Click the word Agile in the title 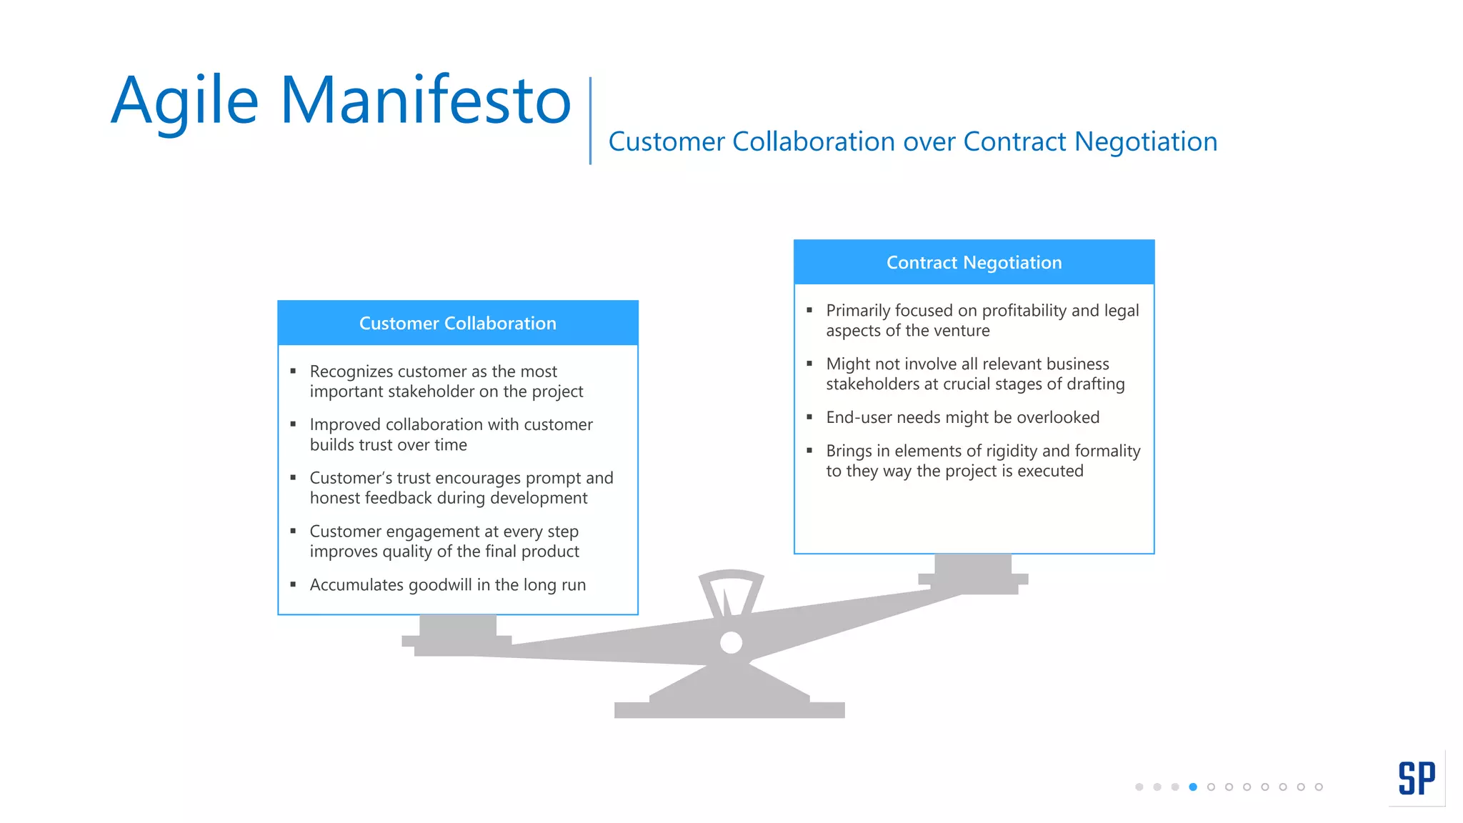(184, 101)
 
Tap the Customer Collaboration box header (457, 323)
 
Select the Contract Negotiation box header (974, 262)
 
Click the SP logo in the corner (1417, 778)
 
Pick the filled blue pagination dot (1193, 787)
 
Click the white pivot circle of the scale (731, 642)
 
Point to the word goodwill (440, 585)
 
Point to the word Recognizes (351, 371)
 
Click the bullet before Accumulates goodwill (293, 584)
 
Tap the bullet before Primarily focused (809, 310)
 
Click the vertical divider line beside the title (590, 120)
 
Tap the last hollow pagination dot (1319, 787)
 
